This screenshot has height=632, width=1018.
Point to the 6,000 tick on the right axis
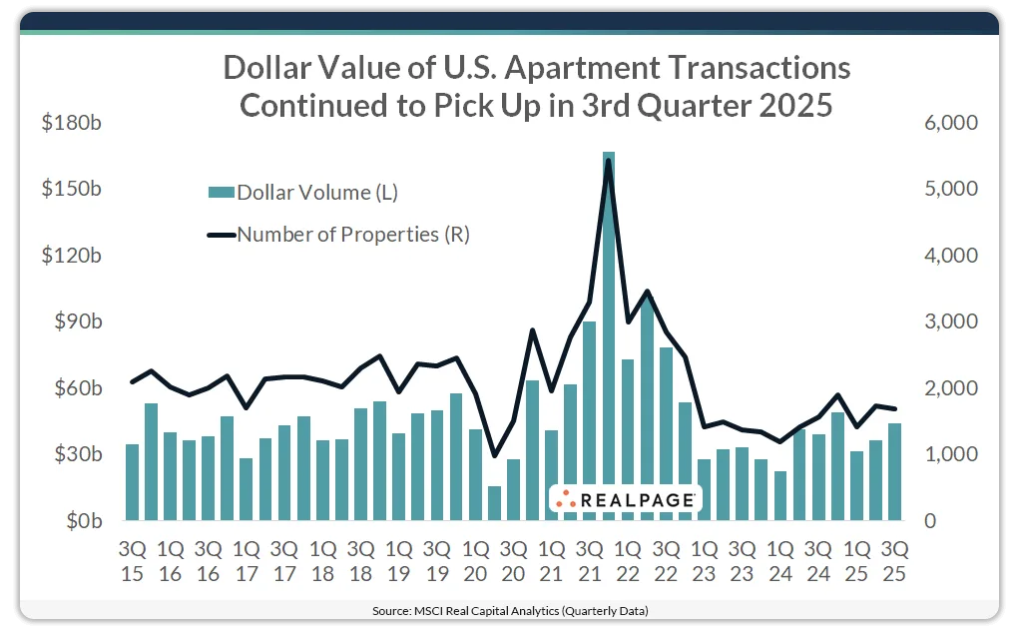click(x=955, y=123)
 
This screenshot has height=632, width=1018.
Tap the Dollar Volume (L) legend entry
click(x=303, y=193)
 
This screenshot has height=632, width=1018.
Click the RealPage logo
click(x=626, y=499)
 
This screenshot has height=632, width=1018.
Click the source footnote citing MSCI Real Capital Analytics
click(x=509, y=610)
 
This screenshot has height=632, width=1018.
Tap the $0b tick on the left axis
click(x=74, y=521)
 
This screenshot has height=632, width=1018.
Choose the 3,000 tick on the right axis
click(x=955, y=321)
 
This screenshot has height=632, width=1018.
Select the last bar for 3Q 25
click(x=895, y=471)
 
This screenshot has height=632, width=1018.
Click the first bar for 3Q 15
click(x=132, y=482)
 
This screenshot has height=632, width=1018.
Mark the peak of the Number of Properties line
click(x=609, y=161)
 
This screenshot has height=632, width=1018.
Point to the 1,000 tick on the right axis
click(x=955, y=454)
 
